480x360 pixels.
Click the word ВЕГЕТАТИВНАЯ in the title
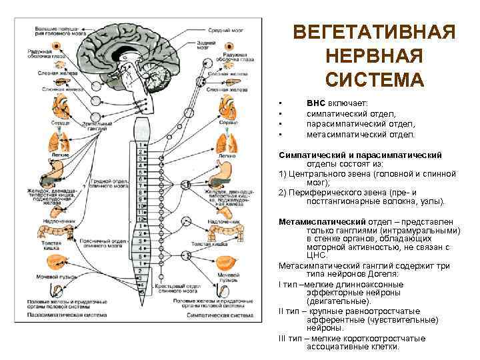[x=374, y=33]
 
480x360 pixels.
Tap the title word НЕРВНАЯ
[x=374, y=56]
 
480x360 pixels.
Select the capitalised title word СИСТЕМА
[x=374, y=80]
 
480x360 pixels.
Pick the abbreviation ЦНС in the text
[x=317, y=255]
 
